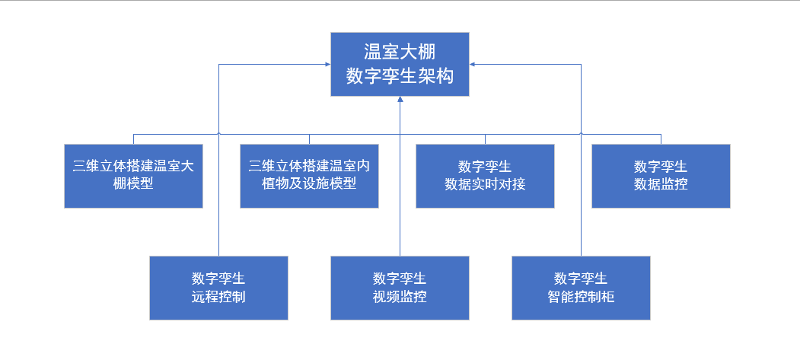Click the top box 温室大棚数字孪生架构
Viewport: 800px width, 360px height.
tap(400, 64)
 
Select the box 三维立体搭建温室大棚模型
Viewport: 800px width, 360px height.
tap(133, 176)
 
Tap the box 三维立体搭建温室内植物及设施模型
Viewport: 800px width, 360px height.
tap(309, 176)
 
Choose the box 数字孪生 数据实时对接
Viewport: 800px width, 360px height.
tap(485, 176)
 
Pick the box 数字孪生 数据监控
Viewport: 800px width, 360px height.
tap(661, 176)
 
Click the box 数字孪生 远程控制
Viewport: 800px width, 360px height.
tap(218, 288)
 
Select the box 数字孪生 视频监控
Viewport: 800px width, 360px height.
tap(400, 288)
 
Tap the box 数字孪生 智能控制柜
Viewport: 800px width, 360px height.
tap(581, 288)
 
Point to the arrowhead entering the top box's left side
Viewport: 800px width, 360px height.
tap(327, 65)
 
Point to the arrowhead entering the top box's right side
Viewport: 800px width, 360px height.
tap(473, 65)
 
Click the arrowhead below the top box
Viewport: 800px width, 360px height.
tap(400, 100)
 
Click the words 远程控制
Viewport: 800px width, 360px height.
tap(218, 297)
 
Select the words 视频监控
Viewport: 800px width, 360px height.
tap(400, 297)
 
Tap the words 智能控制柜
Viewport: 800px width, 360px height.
tap(581, 297)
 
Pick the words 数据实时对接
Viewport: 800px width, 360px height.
tap(485, 184)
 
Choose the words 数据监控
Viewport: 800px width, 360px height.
tap(661, 184)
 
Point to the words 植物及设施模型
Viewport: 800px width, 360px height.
tap(309, 184)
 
